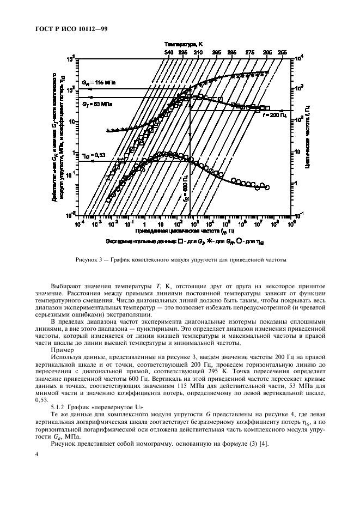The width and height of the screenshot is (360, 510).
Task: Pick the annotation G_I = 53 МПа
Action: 96,102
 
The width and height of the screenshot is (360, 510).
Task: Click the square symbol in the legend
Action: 179,240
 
